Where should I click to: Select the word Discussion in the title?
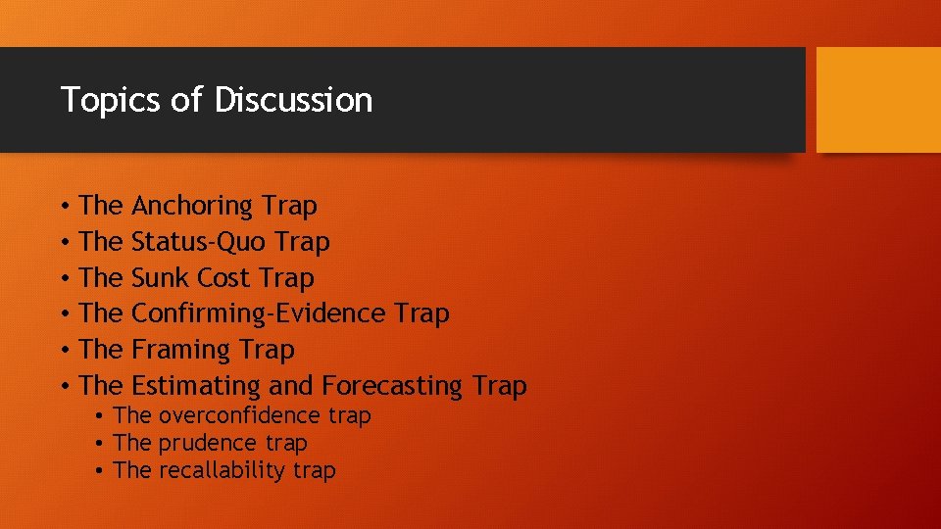(x=293, y=100)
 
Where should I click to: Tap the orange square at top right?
(x=878, y=100)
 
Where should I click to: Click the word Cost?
(x=224, y=278)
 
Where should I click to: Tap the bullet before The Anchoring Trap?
(x=62, y=207)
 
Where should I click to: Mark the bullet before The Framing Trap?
(x=62, y=350)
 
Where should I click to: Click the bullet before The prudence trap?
(x=100, y=444)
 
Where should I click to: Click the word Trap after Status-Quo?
(x=303, y=242)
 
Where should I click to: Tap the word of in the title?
(x=185, y=100)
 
